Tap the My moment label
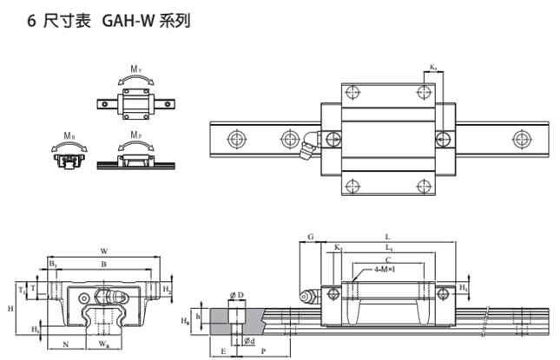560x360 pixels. (136, 69)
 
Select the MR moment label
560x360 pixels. (69, 136)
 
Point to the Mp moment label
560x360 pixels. (136, 136)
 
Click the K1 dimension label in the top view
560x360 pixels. (433, 67)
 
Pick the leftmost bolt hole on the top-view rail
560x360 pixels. (235, 138)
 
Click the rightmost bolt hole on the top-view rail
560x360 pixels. (521, 138)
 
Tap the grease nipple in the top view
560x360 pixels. (306, 148)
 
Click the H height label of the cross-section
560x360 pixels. (10, 309)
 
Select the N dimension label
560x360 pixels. (66, 344)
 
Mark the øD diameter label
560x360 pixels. (236, 295)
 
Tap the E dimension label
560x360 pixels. (225, 352)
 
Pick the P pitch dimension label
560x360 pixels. (262, 352)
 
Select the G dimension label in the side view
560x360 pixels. (311, 236)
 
